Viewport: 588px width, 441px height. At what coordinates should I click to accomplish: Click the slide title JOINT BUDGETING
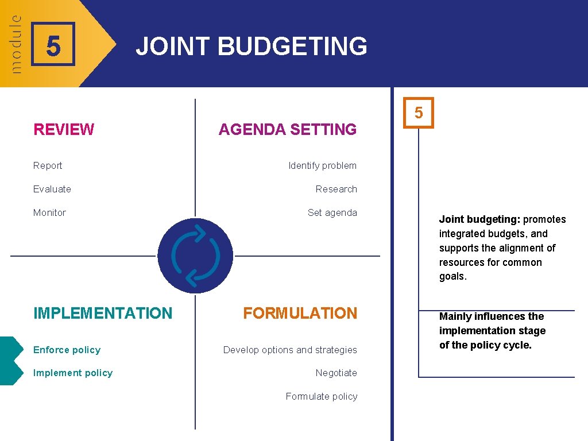[251, 47]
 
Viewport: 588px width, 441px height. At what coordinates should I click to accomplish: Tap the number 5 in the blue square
[53, 47]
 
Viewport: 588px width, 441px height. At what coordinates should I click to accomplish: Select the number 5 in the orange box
[419, 113]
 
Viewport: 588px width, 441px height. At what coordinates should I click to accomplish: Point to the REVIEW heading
[64, 130]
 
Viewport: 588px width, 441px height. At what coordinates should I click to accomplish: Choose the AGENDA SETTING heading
[287, 130]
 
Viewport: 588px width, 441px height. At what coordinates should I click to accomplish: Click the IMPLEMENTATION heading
[103, 314]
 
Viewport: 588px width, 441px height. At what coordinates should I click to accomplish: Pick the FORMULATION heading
[300, 314]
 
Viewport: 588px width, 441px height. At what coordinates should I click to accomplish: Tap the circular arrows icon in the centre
[195, 256]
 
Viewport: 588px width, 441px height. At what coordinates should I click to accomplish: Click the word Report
[48, 166]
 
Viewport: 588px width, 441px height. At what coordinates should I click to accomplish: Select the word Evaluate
[52, 189]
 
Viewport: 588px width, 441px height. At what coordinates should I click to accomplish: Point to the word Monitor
[49, 213]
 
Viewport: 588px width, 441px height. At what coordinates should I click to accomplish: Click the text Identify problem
[322, 166]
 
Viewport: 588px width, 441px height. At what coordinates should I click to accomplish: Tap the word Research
[336, 189]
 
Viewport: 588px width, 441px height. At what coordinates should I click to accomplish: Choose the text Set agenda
[332, 213]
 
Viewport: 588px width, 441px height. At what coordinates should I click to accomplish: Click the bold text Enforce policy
[67, 350]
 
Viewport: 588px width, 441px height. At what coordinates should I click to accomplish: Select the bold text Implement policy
[73, 373]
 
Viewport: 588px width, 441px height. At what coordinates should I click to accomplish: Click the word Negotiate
[336, 373]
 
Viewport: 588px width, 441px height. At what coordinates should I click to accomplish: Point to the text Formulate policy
[321, 397]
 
